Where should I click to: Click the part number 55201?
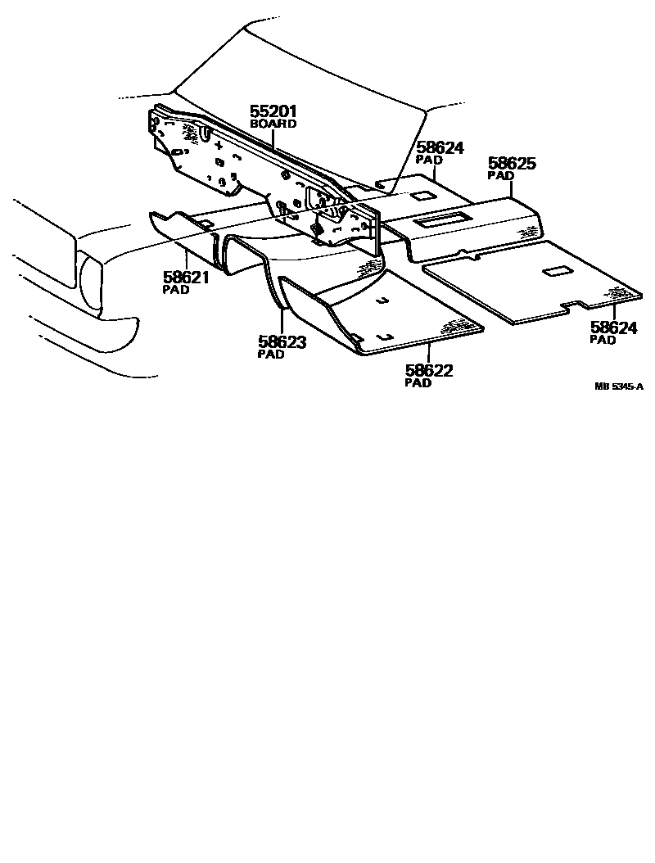(x=273, y=112)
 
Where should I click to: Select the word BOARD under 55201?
(x=273, y=124)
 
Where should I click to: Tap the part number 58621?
(x=185, y=278)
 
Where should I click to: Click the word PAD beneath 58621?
(x=176, y=290)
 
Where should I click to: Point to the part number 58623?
(x=282, y=343)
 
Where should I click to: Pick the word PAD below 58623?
(x=271, y=355)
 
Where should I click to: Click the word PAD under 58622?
(x=418, y=383)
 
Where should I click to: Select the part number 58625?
(x=512, y=164)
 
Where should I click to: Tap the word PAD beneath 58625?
(x=500, y=175)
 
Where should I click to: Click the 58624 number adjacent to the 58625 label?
(x=440, y=148)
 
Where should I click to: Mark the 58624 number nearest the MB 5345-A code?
(x=614, y=328)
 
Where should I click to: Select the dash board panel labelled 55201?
(x=246, y=164)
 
